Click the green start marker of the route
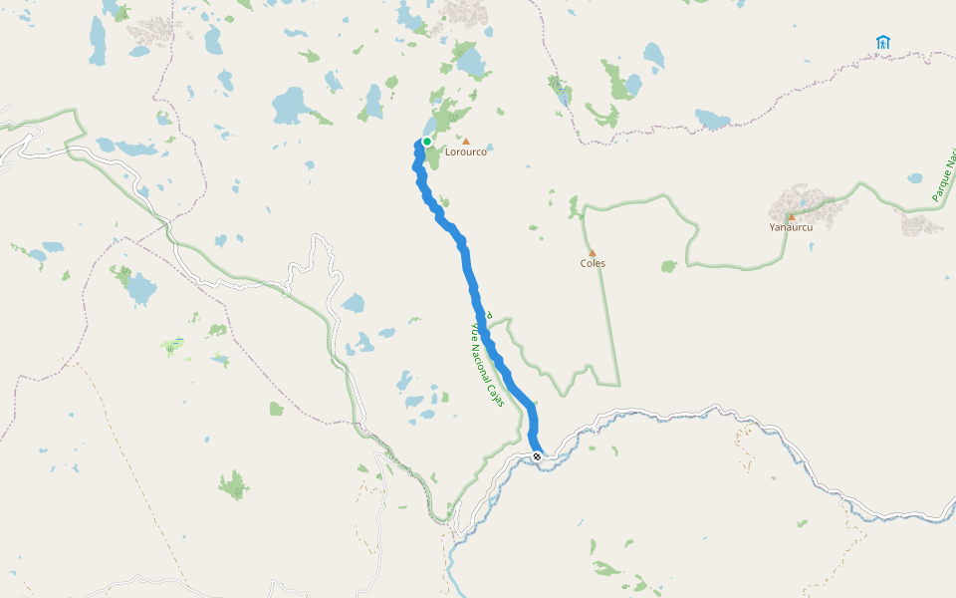tap(427, 142)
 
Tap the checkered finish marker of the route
tap(537, 456)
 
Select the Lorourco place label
tap(465, 152)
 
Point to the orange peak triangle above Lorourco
tap(465, 142)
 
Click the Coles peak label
tap(593, 264)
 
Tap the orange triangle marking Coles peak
tap(592, 253)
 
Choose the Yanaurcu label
tap(791, 227)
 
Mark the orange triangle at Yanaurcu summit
tap(792, 217)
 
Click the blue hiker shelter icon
tap(882, 42)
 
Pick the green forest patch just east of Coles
tap(668, 266)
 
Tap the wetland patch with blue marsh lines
tap(175, 345)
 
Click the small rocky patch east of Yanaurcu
tap(921, 224)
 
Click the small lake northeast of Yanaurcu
tap(914, 179)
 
